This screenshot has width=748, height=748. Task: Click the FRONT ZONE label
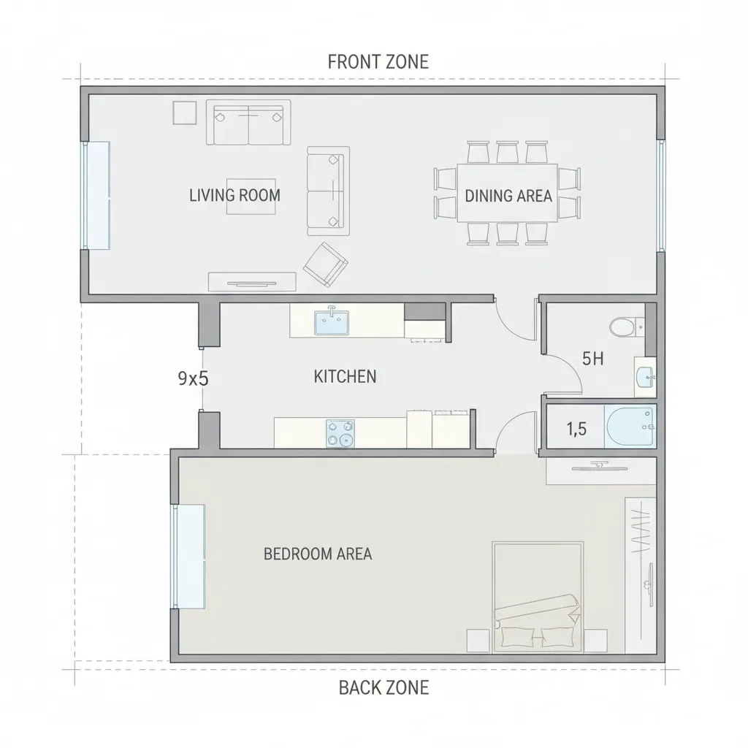(378, 62)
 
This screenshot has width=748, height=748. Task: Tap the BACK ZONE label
(384, 688)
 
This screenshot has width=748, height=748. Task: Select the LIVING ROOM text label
(234, 195)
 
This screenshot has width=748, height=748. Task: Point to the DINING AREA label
(508, 196)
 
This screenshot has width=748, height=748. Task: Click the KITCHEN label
(345, 377)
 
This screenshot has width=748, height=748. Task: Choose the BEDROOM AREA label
(318, 554)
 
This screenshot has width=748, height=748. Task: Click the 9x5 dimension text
(193, 379)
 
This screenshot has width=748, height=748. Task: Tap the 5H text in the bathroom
(593, 359)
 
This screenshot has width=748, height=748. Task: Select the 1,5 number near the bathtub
(576, 430)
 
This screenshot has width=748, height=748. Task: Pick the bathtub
(630, 427)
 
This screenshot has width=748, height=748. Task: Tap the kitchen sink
(332, 322)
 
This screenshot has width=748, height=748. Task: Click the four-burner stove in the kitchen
(340, 433)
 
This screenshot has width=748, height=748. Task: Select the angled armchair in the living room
(326, 264)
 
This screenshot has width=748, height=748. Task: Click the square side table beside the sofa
(185, 113)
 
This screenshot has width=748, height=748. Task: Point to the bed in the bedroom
(538, 597)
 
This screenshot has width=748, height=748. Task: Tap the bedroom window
(188, 556)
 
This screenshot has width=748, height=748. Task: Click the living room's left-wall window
(96, 195)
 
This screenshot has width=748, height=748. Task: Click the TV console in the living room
(252, 282)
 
